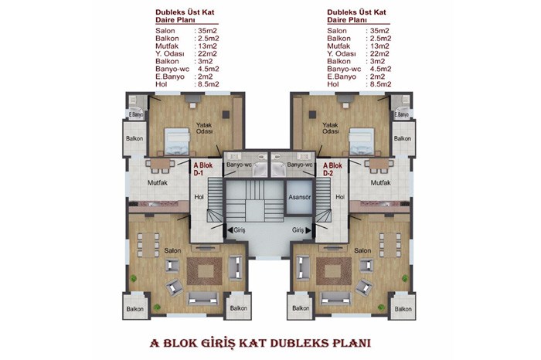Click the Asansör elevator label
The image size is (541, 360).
pos(300,197)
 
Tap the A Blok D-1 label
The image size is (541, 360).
pos(202,169)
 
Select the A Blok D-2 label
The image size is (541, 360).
pos(332,169)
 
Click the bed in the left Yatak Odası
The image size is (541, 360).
pos(177,141)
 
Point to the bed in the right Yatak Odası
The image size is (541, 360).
pos(361,141)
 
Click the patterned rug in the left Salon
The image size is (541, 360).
pos(204,271)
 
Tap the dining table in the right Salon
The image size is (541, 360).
pos(390,245)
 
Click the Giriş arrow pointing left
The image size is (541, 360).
pos(230,229)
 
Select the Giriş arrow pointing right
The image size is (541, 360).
pos(308,229)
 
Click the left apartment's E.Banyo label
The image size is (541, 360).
pos(135,114)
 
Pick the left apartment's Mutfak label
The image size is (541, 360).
pos(158,183)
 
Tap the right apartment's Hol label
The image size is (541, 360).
pos(340,197)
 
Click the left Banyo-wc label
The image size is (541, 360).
pos(239,165)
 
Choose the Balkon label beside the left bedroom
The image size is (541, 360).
pos(134,138)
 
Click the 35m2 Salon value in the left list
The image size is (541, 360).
pos(207,31)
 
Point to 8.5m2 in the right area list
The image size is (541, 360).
pos(381,84)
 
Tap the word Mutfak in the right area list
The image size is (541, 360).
pos(339,46)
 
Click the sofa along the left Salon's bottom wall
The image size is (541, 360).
pos(202,299)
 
